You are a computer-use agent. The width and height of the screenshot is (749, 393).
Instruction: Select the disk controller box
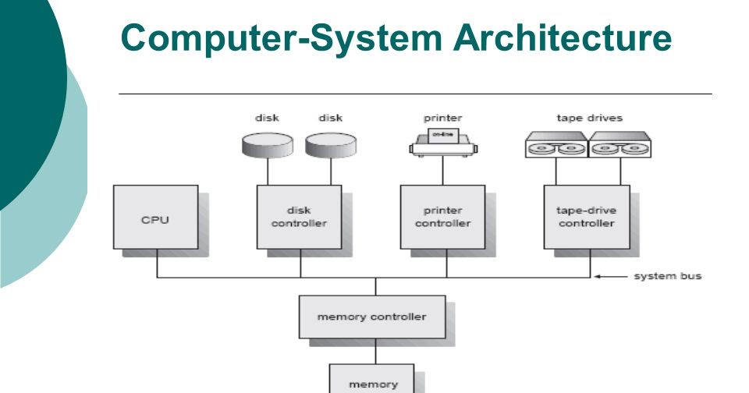pos(299,217)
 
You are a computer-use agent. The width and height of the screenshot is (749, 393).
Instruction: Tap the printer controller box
pos(442,217)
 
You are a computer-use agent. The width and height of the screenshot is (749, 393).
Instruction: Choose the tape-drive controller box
pos(586,217)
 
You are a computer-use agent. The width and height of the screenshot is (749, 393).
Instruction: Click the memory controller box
pos(371,317)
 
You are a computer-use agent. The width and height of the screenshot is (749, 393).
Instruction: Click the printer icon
pos(442,140)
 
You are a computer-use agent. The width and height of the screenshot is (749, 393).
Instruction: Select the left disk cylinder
pos(267,143)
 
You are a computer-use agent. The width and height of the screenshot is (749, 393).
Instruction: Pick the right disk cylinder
pos(330,143)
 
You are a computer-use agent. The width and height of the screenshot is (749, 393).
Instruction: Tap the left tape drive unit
pos(556,145)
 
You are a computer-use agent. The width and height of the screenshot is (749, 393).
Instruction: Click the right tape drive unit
pos(619,145)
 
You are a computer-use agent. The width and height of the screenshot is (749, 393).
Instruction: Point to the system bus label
pos(666,276)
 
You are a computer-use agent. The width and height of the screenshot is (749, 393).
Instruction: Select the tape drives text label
pos(589,119)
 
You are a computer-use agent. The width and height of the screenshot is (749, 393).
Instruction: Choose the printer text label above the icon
pos(442,119)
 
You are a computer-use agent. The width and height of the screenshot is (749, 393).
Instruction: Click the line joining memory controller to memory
pos(374,350)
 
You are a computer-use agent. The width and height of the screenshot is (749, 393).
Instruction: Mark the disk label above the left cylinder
pos(267,119)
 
